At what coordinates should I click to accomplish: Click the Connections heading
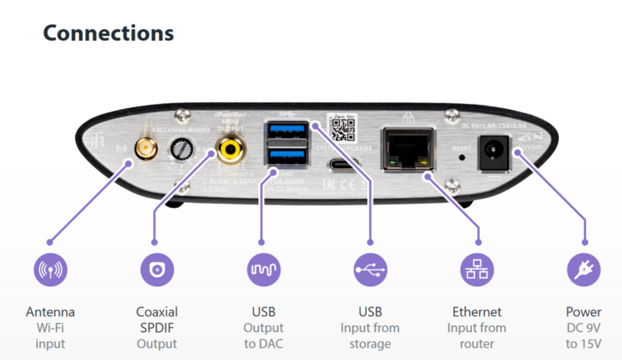[107, 33]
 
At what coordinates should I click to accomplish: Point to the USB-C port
[343, 164]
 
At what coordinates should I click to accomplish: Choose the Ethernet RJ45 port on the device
[406, 150]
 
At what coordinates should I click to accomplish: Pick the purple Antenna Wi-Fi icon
[50, 269]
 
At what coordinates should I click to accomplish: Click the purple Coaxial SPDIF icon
[156, 269]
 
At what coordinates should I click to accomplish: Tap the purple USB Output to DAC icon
[263, 269]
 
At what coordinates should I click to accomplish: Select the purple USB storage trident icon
[369, 269]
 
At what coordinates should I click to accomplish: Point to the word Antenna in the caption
[50, 313]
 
